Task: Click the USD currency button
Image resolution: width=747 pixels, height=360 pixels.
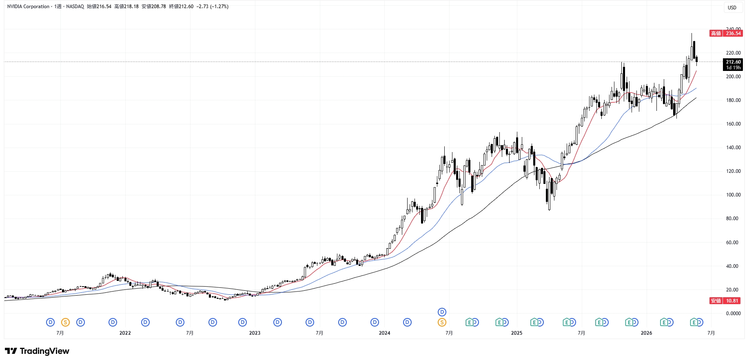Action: (x=732, y=7)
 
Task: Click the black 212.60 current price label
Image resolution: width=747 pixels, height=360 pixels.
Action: (x=733, y=62)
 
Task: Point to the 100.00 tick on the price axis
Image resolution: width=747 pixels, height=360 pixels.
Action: (x=733, y=195)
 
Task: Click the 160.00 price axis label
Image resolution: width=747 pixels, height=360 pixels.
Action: (x=733, y=124)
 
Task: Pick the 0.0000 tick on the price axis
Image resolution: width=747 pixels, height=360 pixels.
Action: (x=733, y=314)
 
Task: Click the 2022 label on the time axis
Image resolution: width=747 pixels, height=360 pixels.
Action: (x=125, y=333)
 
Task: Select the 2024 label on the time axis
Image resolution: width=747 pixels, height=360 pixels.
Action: (x=384, y=333)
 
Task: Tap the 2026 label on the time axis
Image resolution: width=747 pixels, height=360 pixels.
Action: (x=646, y=333)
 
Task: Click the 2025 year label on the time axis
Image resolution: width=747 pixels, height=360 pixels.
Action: (x=516, y=333)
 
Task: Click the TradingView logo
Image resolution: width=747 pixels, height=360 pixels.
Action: (x=37, y=351)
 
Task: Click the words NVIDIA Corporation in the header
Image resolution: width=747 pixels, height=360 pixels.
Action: (x=29, y=7)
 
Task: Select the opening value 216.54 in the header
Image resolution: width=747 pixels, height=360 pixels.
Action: (x=104, y=7)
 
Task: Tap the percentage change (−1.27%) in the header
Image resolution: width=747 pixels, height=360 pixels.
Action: (x=219, y=7)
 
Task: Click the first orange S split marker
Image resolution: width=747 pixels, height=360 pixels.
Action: (x=65, y=322)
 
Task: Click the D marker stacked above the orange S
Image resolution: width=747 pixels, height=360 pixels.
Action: (x=442, y=312)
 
